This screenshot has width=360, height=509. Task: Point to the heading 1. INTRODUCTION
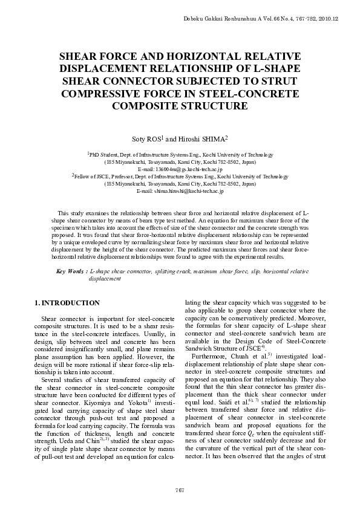[x=67, y=302]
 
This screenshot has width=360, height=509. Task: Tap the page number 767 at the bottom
[x=179, y=488]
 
